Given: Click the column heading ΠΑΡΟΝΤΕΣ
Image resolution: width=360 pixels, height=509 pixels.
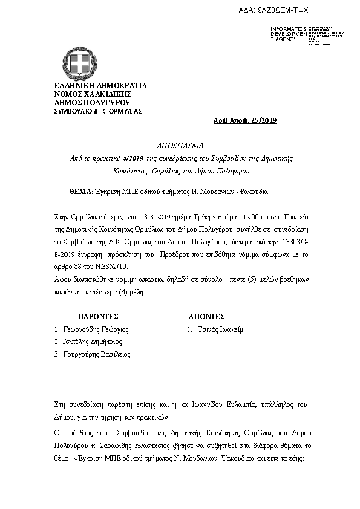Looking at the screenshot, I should pos(98,316).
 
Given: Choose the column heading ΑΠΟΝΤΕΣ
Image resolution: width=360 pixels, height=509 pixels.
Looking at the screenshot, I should pos(207,316).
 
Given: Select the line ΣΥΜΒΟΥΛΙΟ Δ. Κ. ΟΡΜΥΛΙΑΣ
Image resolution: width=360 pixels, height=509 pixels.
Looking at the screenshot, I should pos(90,111).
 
